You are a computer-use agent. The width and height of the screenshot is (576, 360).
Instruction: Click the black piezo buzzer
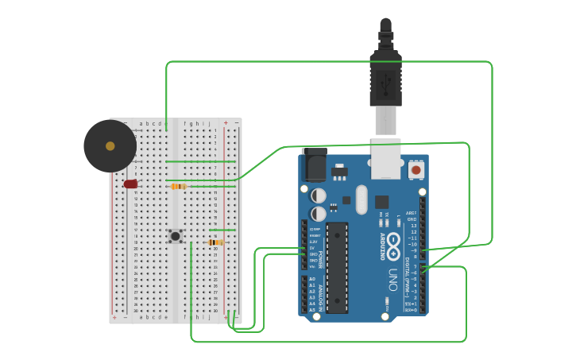(110, 146)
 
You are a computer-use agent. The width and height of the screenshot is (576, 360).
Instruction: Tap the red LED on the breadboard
(130, 184)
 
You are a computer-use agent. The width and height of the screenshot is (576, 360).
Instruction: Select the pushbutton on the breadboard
(176, 235)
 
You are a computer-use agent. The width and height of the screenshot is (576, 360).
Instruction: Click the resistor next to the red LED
(179, 187)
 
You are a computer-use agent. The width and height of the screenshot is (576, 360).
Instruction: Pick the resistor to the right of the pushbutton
(215, 242)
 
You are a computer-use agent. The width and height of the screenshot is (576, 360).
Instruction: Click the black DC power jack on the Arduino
(315, 166)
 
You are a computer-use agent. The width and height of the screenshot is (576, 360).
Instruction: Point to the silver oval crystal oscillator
(362, 199)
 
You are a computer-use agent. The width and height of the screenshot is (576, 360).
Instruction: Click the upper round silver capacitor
(319, 195)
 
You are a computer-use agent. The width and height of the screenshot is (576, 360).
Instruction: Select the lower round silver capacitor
(319, 214)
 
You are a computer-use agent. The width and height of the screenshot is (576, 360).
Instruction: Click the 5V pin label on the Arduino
(312, 248)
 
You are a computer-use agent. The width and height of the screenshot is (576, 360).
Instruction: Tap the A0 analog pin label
(312, 280)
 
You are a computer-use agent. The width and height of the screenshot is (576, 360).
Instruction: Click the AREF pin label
(411, 213)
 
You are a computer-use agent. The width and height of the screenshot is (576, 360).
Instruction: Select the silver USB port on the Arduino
(386, 159)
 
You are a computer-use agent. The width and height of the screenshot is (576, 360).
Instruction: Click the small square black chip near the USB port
(382, 202)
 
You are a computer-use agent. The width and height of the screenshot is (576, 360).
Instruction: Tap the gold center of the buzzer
(110, 146)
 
